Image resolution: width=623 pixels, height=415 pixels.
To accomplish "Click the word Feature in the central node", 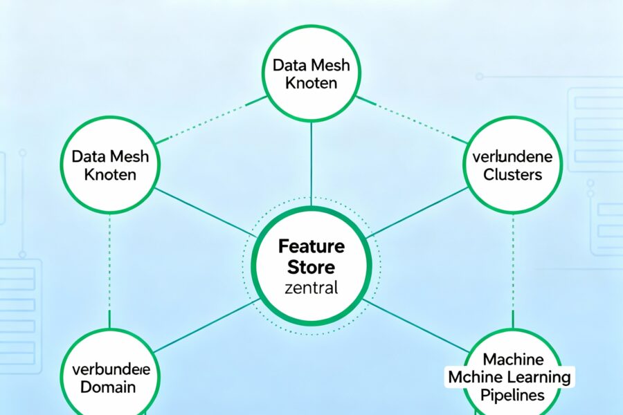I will [x=311, y=246].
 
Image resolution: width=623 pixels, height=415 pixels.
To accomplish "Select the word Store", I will [x=311, y=267].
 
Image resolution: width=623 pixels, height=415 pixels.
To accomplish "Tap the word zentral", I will [x=311, y=288].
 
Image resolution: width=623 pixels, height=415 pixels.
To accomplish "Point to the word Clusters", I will [x=513, y=174].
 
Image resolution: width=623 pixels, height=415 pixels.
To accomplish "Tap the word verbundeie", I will [x=111, y=368].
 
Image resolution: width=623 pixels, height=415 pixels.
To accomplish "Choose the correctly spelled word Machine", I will [x=514, y=360].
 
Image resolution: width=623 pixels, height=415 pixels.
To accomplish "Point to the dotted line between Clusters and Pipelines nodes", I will [x=513, y=270].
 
